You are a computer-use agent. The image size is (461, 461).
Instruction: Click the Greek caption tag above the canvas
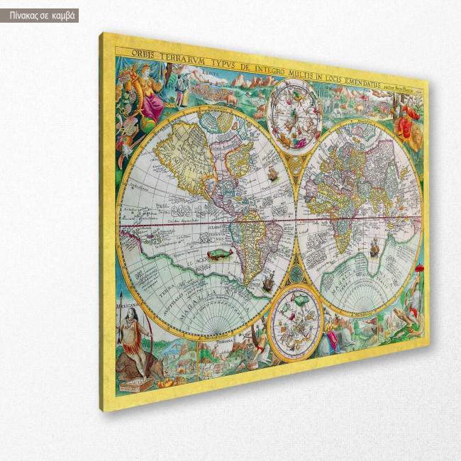[40, 16]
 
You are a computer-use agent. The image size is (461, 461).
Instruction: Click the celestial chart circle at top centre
[296, 113]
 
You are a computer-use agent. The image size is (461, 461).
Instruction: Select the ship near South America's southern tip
[267, 284]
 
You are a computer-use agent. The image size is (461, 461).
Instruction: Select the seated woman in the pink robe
[150, 99]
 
